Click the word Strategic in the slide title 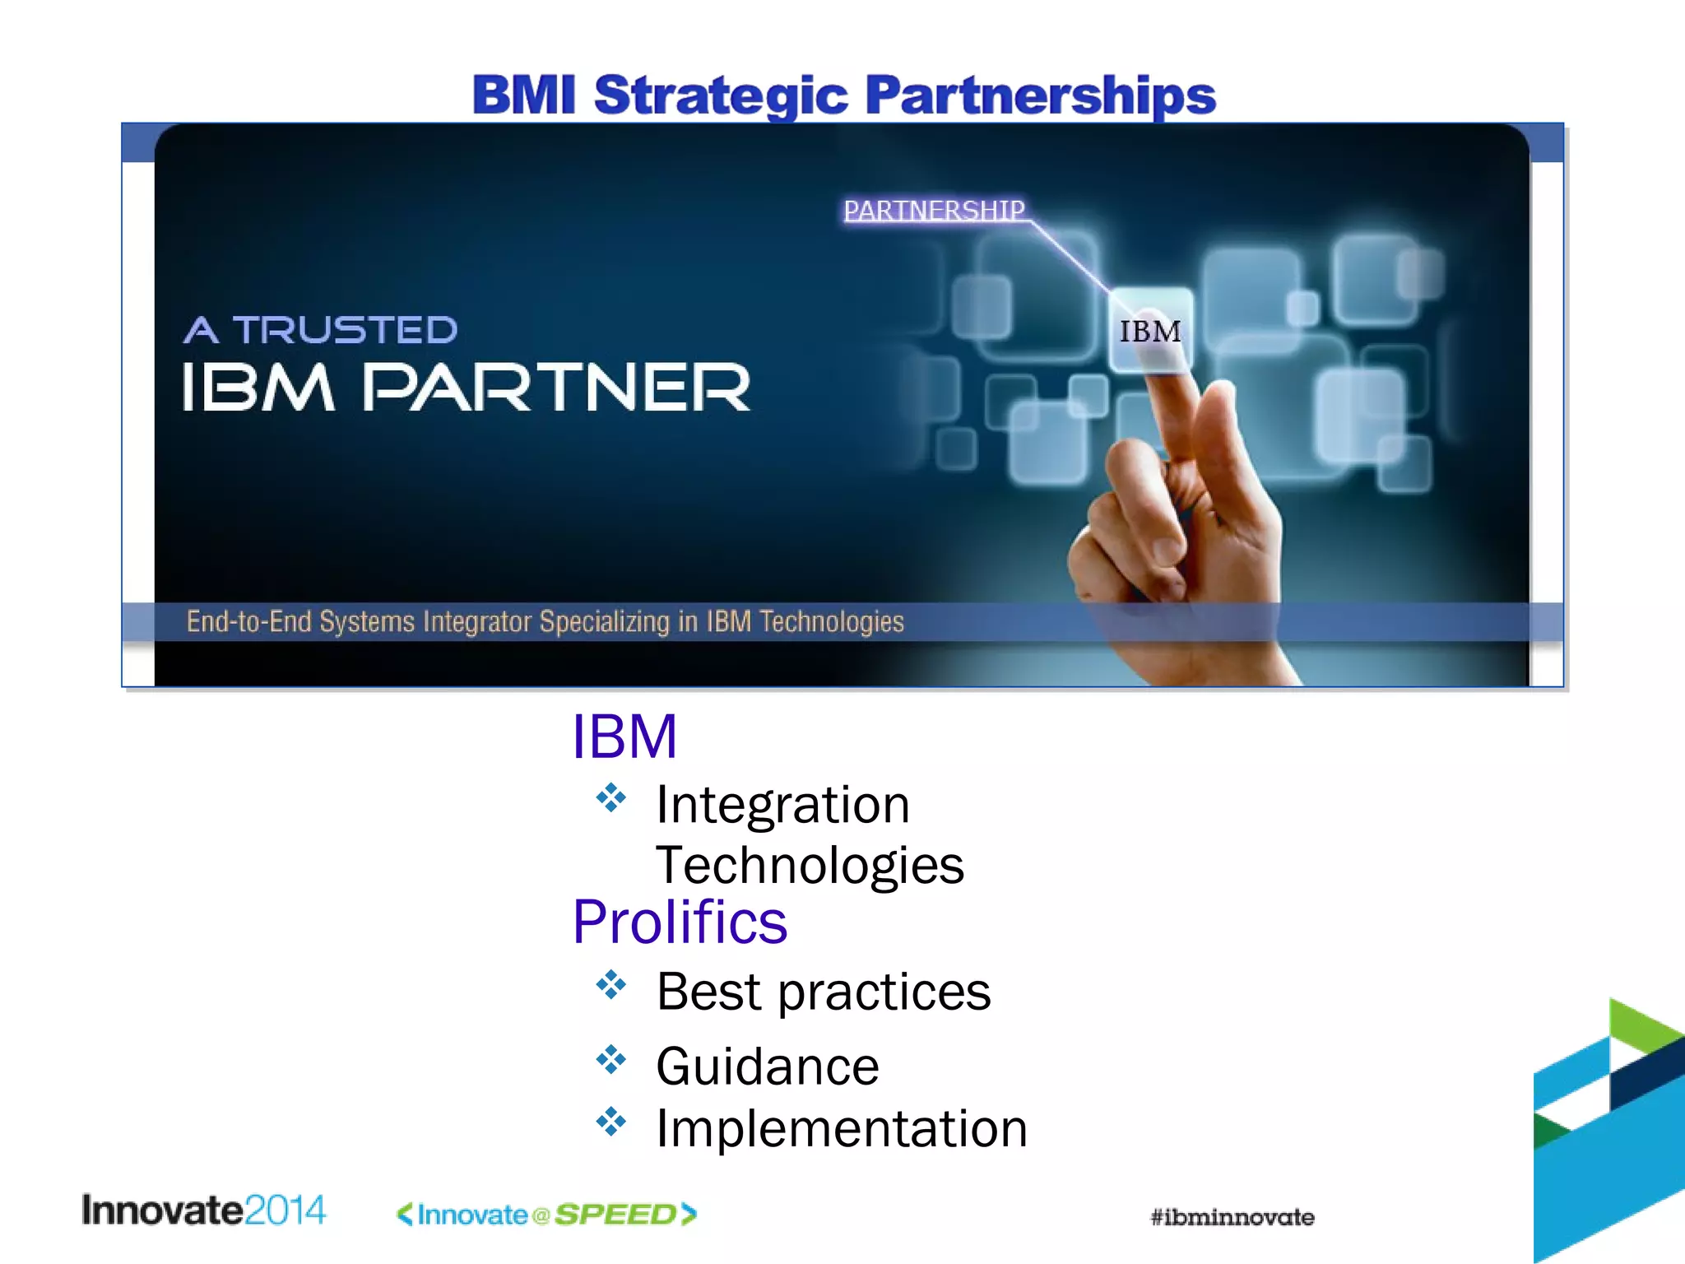[720, 96]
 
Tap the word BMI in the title [523, 95]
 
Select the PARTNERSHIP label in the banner [934, 211]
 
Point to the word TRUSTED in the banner [346, 330]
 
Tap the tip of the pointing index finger [1168, 387]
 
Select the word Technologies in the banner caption [831, 621]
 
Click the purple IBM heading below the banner [624, 737]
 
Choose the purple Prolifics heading [680, 922]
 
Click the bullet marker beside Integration [611, 797]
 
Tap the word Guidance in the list [767, 1066]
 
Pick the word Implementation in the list [841, 1128]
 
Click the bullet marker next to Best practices [611, 984]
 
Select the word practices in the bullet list [884, 992]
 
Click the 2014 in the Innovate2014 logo [285, 1211]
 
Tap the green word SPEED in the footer [615, 1215]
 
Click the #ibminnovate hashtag [1232, 1217]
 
